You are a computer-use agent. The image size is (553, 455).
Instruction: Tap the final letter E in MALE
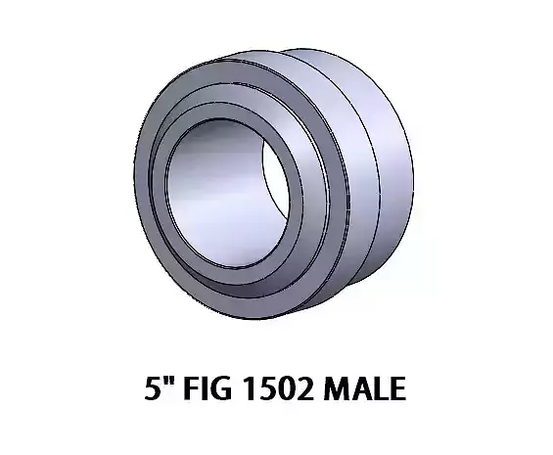point(393,392)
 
